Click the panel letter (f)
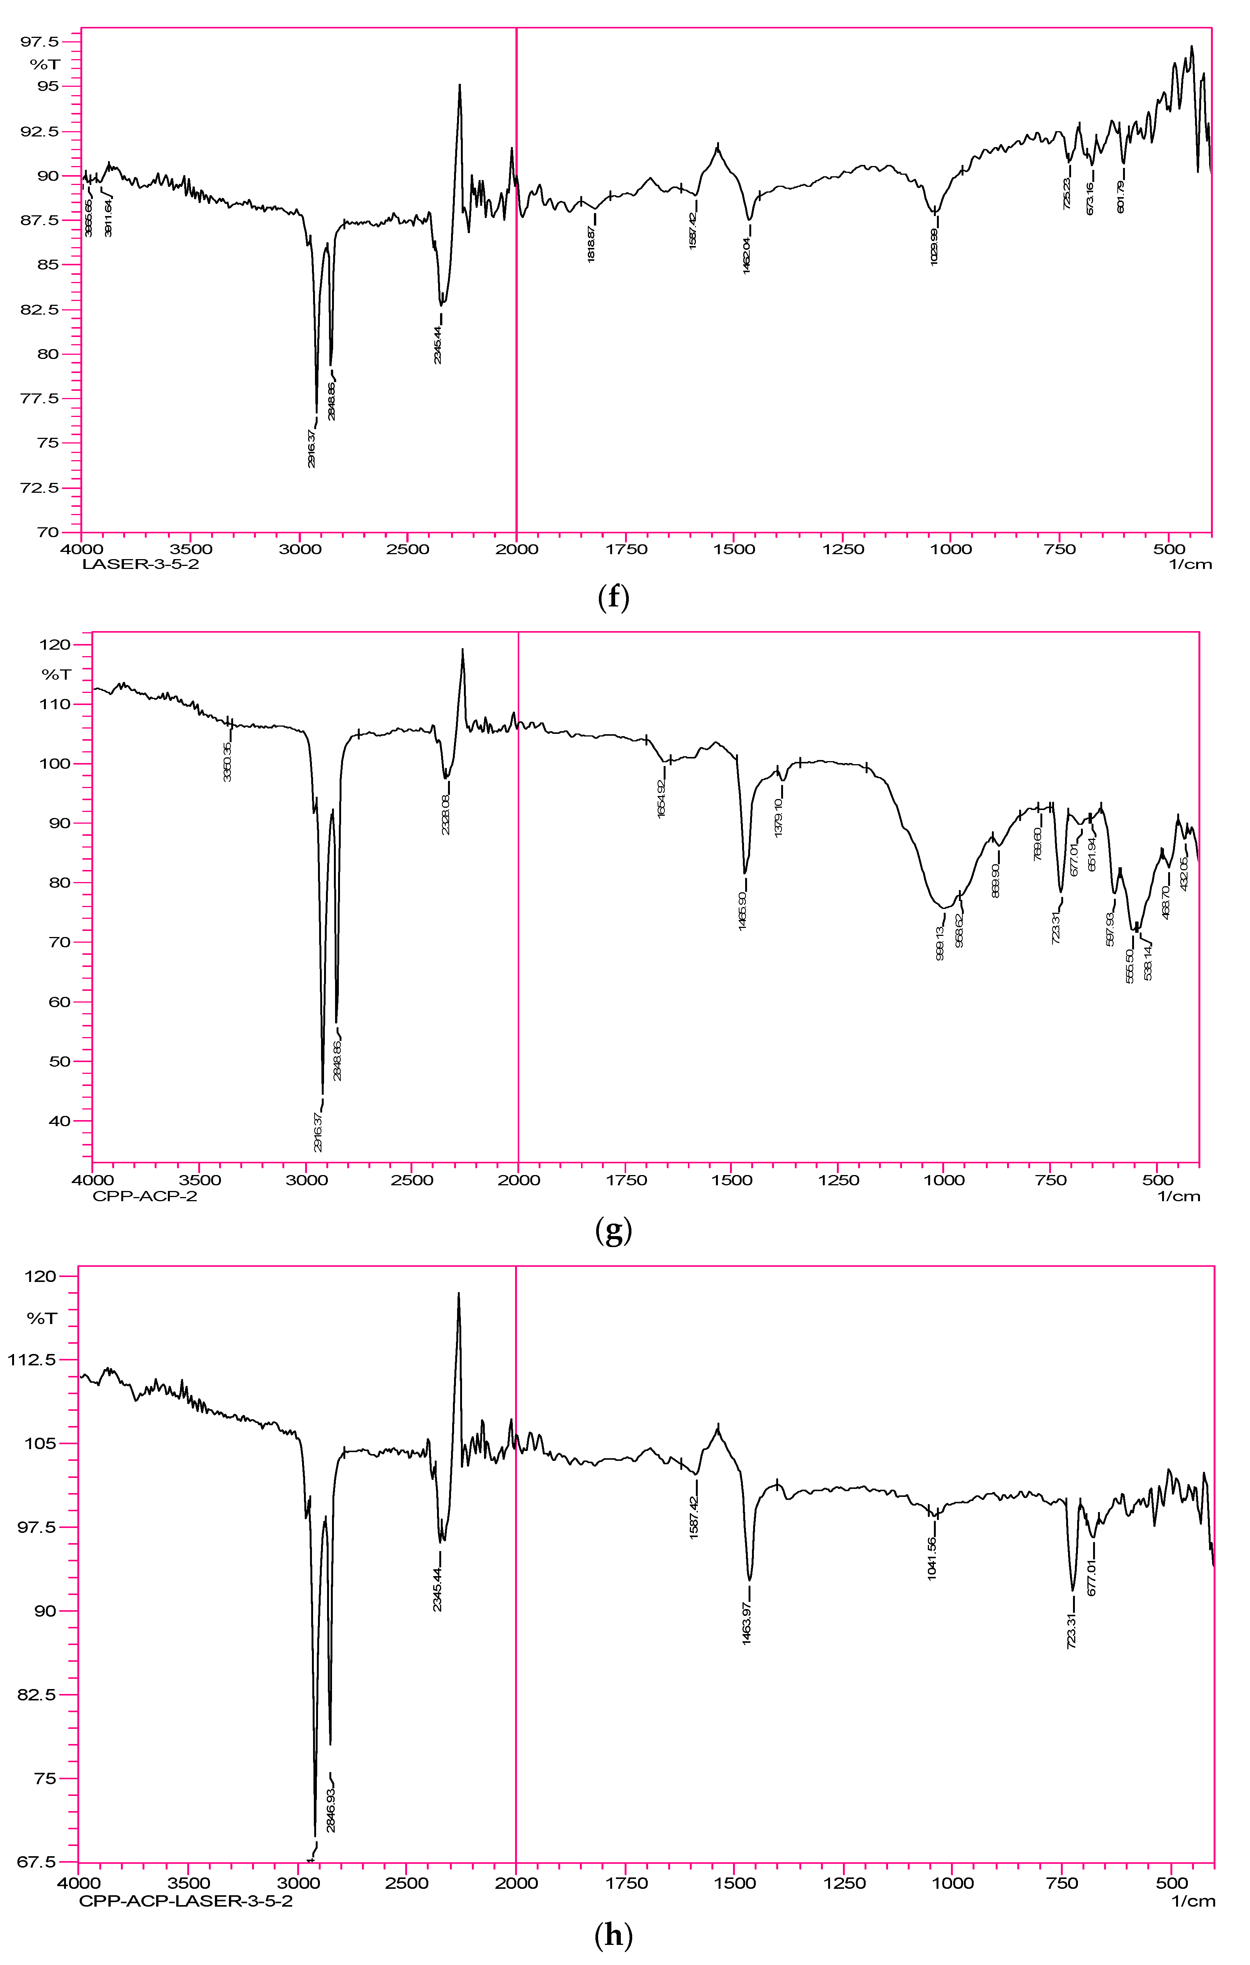[614, 599]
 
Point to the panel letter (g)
[614, 1232]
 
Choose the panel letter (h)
[614, 1935]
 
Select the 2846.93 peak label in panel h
[331, 1810]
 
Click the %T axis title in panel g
[56, 674]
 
